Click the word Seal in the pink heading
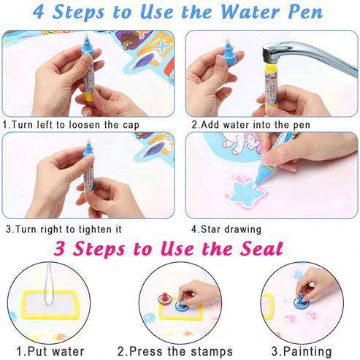[257, 248]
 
